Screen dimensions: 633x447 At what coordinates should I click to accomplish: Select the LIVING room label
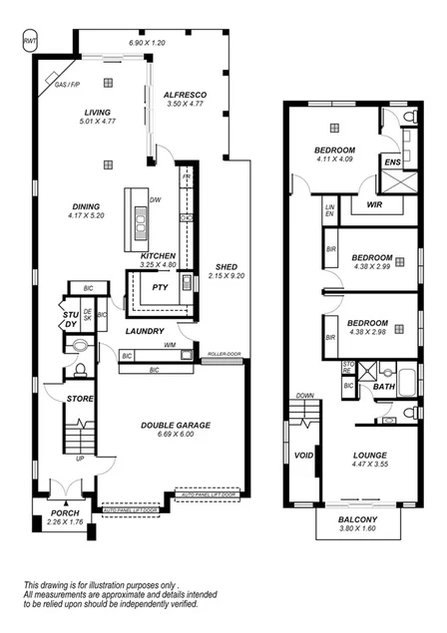[x=97, y=112]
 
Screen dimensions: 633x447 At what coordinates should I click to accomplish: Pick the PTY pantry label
[x=160, y=288]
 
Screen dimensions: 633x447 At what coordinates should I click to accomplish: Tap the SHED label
[x=224, y=267]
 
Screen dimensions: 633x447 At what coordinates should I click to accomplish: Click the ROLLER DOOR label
[x=224, y=353]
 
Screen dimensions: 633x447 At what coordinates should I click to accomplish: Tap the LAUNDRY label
[x=144, y=330]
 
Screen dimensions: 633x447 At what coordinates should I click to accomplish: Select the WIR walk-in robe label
[x=375, y=203]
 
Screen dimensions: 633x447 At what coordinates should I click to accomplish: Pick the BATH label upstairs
[x=383, y=386]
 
